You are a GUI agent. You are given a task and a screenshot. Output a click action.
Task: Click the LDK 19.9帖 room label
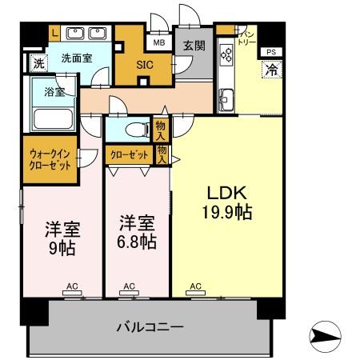point(226,204)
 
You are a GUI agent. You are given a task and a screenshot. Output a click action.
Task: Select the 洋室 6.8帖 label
point(138,232)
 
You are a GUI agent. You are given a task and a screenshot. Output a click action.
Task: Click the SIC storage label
point(144,65)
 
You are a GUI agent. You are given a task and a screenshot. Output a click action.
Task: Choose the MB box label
point(158,43)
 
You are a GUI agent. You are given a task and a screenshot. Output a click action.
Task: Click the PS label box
point(270,51)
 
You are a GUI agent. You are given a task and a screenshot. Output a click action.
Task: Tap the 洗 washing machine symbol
point(37,62)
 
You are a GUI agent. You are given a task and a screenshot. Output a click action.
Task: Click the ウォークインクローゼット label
point(50,158)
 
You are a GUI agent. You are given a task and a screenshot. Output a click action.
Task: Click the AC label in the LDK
point(196,285)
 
